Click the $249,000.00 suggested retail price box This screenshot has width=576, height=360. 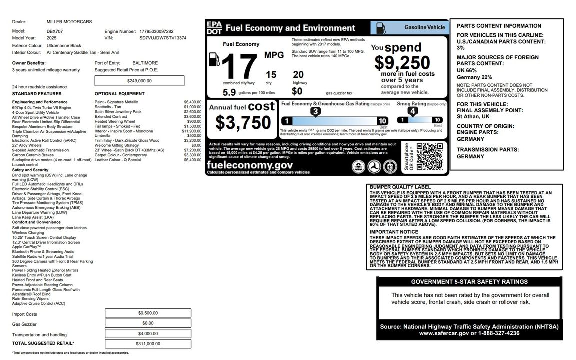(139, 80)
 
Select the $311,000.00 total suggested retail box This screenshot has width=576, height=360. (148, 344)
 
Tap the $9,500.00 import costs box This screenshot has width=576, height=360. (148, 313)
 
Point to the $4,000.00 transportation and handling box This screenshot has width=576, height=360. (148, 334)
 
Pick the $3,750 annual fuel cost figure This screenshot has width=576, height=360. (243, 122)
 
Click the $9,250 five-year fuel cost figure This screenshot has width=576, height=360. (402, 63)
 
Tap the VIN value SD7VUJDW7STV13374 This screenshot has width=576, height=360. (163, 38)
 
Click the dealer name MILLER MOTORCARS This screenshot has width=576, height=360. (69, 22)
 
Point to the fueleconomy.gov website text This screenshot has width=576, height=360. (250, 165)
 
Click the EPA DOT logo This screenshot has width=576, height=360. (214, 28)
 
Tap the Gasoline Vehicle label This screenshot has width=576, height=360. (424, 27)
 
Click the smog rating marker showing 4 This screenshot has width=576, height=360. (412, 111)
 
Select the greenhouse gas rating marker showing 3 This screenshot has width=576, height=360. (315, 111)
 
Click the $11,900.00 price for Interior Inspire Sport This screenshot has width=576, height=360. (192, 131)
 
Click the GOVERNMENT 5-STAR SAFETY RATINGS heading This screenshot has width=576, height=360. (469, 282)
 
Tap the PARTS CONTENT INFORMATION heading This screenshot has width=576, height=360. (492, 26)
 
